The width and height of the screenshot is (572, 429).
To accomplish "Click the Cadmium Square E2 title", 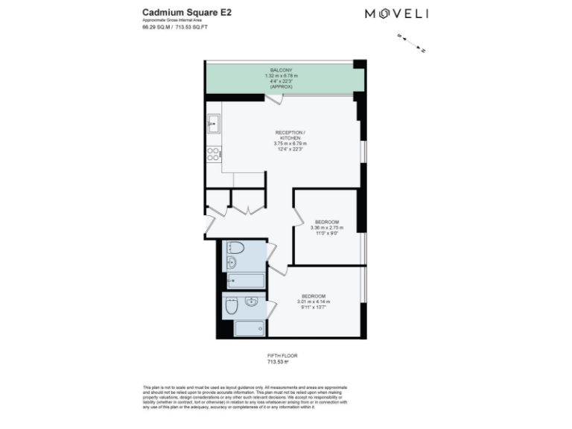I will click(x=179, y=13).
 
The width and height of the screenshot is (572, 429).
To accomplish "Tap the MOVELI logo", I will click(x=395, y=13).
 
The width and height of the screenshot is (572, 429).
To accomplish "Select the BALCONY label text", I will click(x=281, y=69).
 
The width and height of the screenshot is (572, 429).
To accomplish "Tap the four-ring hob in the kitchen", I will click(x=213, y=154).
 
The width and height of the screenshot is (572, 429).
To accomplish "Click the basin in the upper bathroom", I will click(x=232, y=262).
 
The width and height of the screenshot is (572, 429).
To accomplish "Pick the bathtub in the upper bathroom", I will click(x=245, y=280).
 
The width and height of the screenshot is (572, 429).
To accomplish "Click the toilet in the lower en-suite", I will click(x=230, y=305).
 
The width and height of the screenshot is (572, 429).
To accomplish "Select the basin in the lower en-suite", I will click(x=252, y=302).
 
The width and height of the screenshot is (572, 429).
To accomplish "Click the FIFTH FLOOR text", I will click(x=282, y=356).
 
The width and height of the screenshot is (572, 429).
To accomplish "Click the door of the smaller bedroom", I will click(x=299, y=220).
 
